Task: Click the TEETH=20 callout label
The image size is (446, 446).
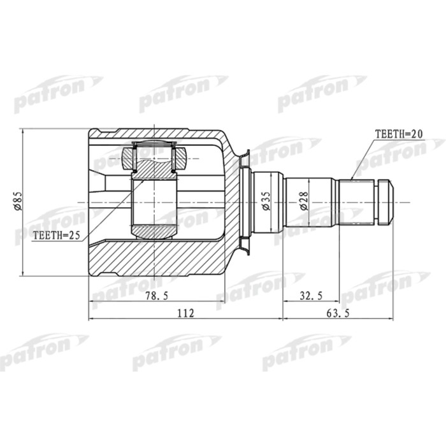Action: coord(398,134)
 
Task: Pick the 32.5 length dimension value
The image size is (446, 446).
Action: coord(311,295)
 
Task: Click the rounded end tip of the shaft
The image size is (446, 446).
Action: coord(387,203)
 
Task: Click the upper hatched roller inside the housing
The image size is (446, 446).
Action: coord(154,159)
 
